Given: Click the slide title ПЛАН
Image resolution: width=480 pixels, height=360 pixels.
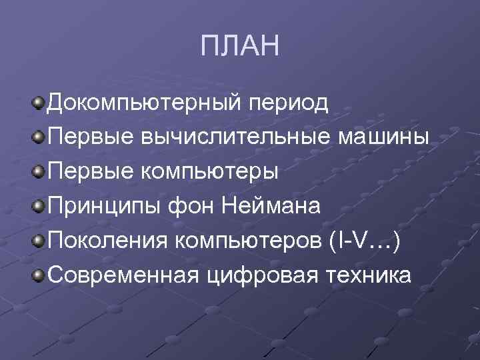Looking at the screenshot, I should point(240,47).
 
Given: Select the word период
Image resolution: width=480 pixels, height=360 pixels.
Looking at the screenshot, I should point(289,103).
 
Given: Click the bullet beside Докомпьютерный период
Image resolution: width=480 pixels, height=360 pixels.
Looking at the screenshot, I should point(39,103).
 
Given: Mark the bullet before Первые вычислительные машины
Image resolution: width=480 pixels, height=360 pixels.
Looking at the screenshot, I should point(39,137).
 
